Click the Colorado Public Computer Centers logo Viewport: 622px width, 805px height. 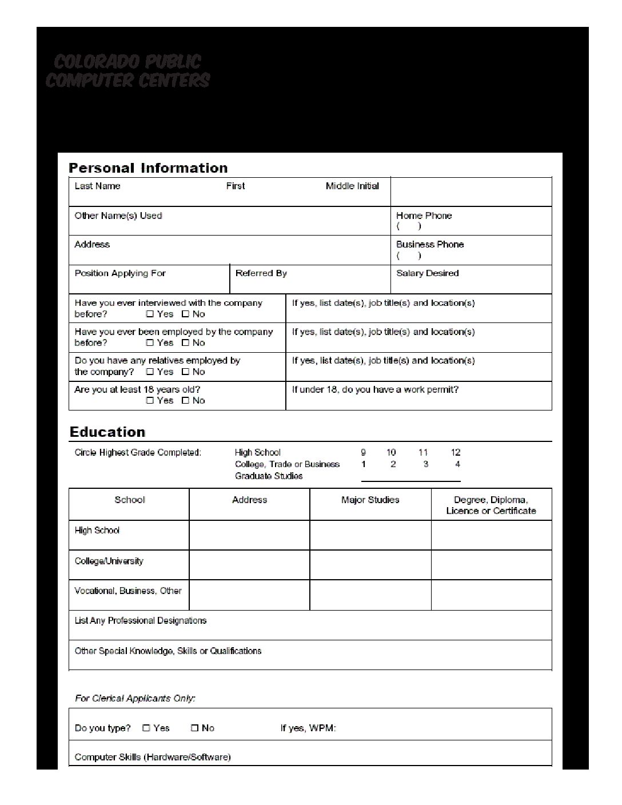(x=128, y=71)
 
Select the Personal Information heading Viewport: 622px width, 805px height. (x=148, y=168)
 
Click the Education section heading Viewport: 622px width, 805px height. (x=107, y=432)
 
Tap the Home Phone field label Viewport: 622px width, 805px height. (x=424, y=216)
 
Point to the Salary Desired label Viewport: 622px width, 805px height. (x=427, y=273)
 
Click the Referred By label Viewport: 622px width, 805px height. (x=261, y=273)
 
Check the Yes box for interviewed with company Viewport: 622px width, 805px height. (x=150, y=314)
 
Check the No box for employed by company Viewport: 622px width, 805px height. (x=185, y=343)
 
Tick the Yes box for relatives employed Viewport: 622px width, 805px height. (x=150, y=372)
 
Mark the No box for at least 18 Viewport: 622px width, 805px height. (x=185, y=401)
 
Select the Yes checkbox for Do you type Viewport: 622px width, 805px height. (x=146, y=728)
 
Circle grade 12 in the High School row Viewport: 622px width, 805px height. (x=456, y=452)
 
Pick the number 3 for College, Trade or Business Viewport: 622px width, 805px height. (x=425, y=464)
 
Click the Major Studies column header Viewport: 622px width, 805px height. (x=370, y=500)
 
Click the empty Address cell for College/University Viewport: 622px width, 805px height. (x=249, y=565)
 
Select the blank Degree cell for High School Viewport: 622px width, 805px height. (x=491, y=535)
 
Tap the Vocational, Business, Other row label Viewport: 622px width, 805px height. (x=128, y=591)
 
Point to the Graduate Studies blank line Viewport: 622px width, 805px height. (x=410, y=479)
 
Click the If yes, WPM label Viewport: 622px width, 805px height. (x=308, y=728)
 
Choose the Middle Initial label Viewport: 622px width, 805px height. (x=352, y=186)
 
